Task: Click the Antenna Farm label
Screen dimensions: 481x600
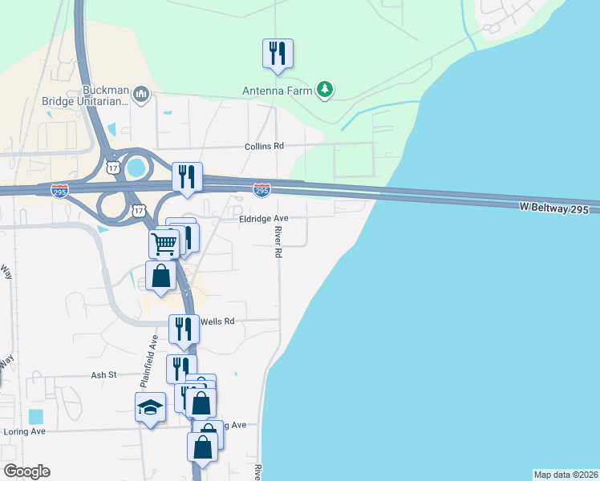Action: point(278,90)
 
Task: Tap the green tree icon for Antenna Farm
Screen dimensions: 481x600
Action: point(325,89)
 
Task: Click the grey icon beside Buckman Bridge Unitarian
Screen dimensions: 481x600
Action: point(141,95)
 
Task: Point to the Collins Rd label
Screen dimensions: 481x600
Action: point(265,147)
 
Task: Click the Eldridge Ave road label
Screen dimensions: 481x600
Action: point(263,218)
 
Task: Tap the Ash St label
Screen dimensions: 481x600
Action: point(103,374)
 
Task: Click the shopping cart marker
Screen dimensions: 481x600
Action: point(164,243)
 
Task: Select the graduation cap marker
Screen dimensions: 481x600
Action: point(150,408)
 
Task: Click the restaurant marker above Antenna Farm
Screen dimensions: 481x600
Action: point(278,54)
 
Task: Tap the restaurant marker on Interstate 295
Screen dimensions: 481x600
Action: point(188,177)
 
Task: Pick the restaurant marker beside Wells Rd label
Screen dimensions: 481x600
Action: point(184,329)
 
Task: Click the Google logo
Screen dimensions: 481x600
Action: point(26,471)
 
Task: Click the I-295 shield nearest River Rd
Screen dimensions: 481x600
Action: point(261,190)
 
